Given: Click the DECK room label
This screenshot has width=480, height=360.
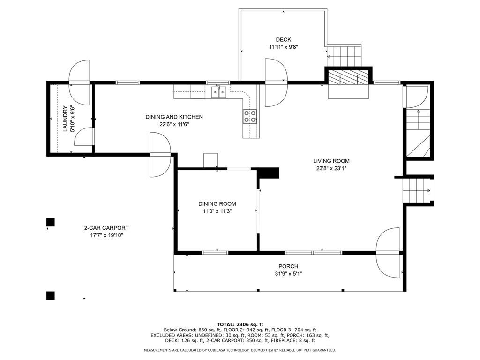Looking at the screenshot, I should [284, 40].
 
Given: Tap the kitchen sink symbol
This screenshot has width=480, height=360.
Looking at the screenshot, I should [218, 91].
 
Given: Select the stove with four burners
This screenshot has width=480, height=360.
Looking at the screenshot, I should [250, 116].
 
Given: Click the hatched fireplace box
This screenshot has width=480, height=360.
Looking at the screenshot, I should [348, 77].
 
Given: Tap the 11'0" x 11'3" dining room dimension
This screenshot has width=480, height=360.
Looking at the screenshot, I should [217, 211].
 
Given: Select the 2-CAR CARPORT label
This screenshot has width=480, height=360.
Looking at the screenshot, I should [106, 228].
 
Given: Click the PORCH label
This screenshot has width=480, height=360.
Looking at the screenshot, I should [288, 266].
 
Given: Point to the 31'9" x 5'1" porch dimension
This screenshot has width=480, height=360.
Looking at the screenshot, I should [288, 274].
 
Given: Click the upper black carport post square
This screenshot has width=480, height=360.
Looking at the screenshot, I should [51, 222].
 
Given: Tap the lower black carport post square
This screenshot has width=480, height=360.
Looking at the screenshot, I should [51, 295].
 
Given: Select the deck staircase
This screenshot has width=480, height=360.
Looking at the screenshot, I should [345, 56].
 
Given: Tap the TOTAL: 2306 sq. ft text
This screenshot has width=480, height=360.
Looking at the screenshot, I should [240, 324].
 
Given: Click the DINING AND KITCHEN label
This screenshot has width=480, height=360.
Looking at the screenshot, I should [174, 117].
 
